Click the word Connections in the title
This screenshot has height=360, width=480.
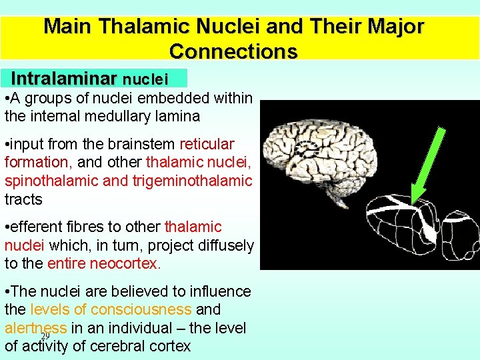tap(233, 51)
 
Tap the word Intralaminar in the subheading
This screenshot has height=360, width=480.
tap(63, 79)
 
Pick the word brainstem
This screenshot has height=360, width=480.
tap(143, 144)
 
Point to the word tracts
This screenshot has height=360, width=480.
tap(23, 199)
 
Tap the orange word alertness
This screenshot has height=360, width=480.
tap(35, 328)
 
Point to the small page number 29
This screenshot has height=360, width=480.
tap(45, 336)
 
